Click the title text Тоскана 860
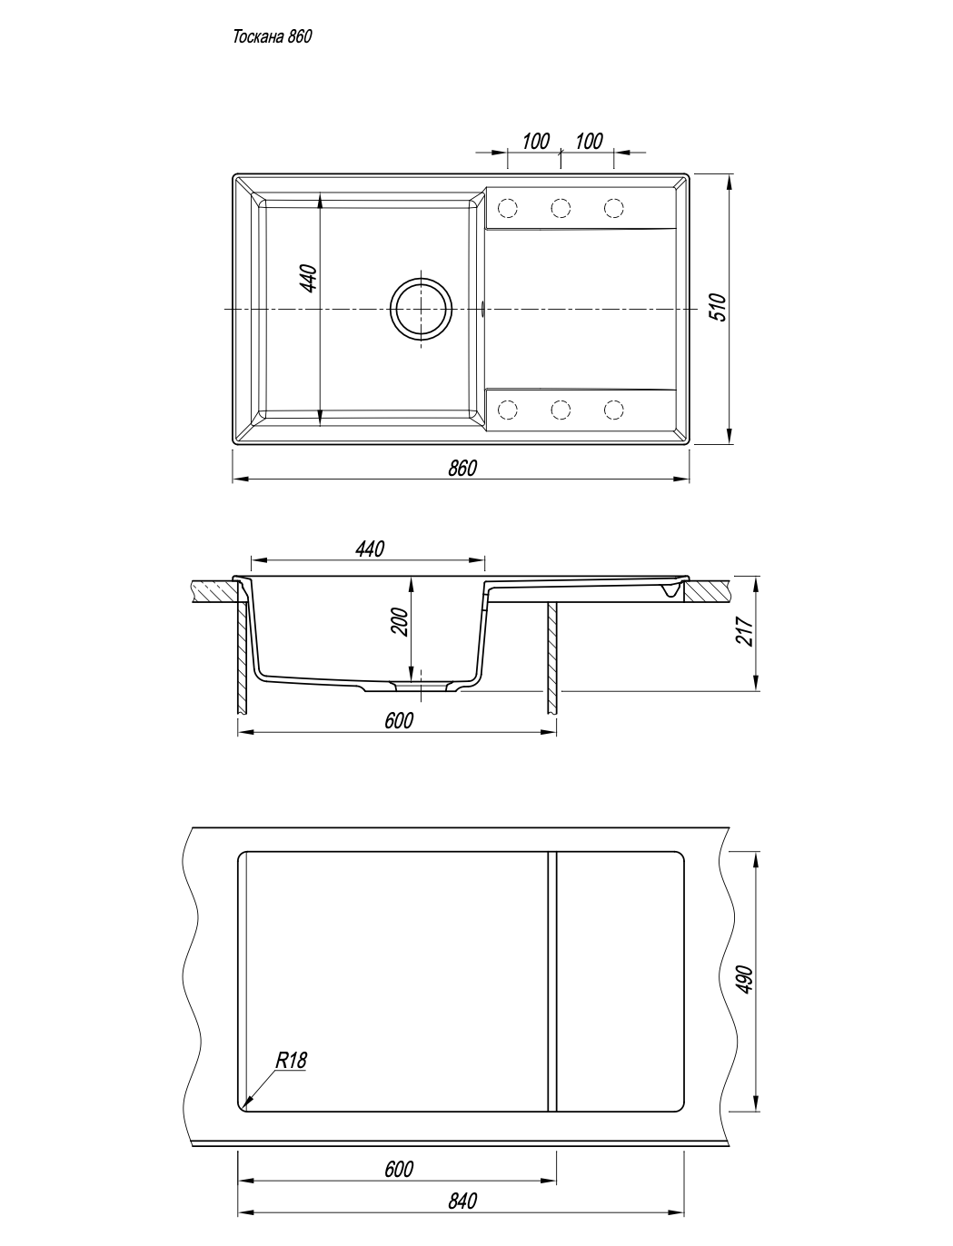[273, 37]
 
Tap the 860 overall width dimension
[462, 469]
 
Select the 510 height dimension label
[720, 307]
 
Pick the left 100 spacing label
[535, 142]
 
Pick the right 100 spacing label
[589, 142]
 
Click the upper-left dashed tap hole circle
[508, 208]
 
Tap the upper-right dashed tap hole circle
[613, 208]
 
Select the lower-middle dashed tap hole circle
[561, 410]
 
